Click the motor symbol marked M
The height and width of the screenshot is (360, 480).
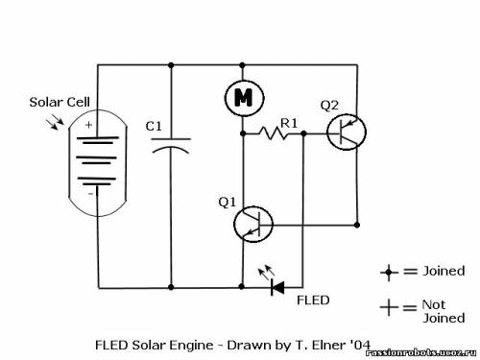[244, 98]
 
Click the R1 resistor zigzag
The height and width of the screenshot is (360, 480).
[273, 132]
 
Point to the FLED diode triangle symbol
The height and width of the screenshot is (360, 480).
[277, 287]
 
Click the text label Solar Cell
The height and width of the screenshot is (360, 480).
[60, 103]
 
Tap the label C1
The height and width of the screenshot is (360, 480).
[154, 127]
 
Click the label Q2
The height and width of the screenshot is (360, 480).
[329, 106]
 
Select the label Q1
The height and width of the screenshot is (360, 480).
[227, 203]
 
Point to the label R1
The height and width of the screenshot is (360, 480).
[289, 123]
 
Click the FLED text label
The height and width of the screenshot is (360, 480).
[313, 300]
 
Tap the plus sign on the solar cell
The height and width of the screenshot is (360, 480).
[88, 125]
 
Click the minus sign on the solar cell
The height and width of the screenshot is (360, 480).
[90, 194]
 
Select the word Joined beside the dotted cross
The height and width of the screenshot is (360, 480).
[444, 272]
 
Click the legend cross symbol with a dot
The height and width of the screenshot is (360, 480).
[389, 273]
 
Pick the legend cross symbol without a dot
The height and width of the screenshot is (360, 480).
[389, 307]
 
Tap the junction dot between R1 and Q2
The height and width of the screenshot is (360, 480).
[303, 133]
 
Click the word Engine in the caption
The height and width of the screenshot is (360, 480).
[191, 346]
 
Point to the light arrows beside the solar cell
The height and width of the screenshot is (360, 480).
[56, 122]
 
